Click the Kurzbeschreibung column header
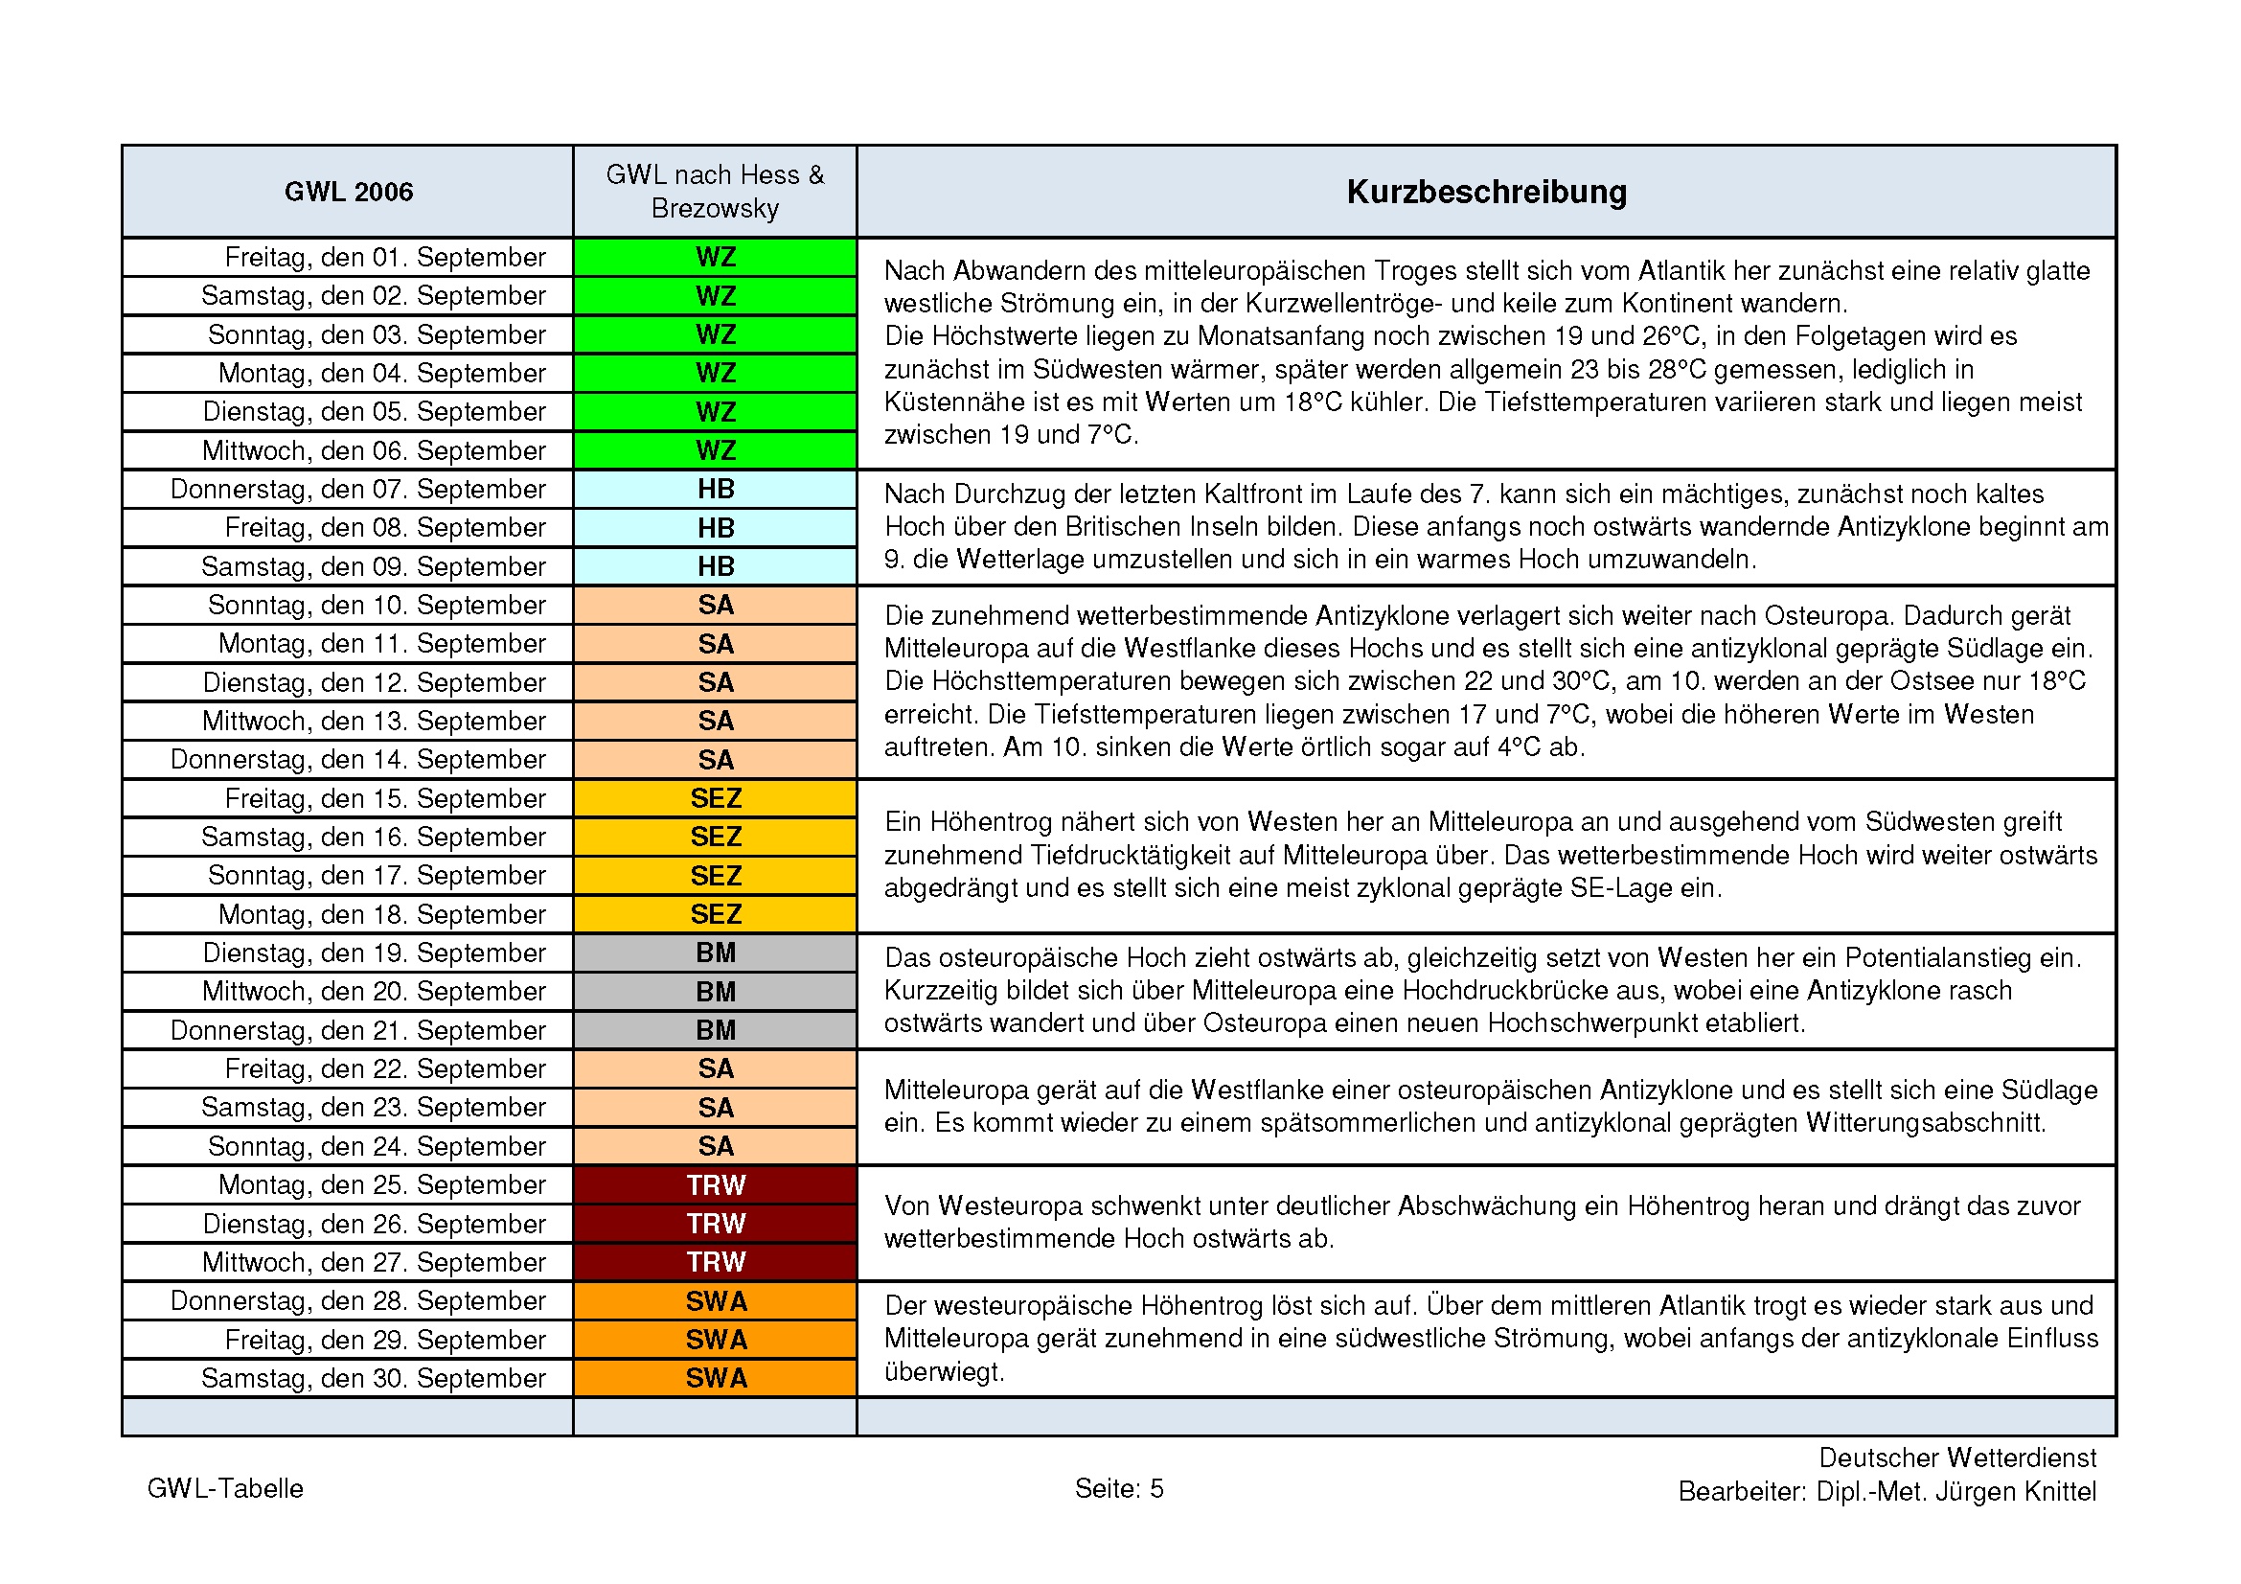click(x=1486, y=192)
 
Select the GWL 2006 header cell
click(x=349, y=192)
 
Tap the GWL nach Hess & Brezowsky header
click(x=715, y=192)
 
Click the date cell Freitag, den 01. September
click(x=384, y=257)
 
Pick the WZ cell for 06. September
click(x=716, y=451)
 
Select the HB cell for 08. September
click(x=716, y=528)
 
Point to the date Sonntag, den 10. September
click(x=376, y=605)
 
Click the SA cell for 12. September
click(x=716, y=682)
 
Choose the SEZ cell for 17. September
click(x=716, y=876)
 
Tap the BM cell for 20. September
click(x=716, y=992)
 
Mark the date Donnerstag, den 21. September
click(x=357, y=1031)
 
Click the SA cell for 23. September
click(x=716, y=1108)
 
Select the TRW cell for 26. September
click(x=716, y=1224)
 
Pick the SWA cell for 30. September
click(x=716, y=1378)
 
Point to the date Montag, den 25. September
click(x=381, y=1184)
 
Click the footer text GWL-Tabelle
click(x=225, y=1488)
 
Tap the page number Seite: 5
click(x=1118, y=1488)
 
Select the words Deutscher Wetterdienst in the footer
click(x=1957, y=1458)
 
